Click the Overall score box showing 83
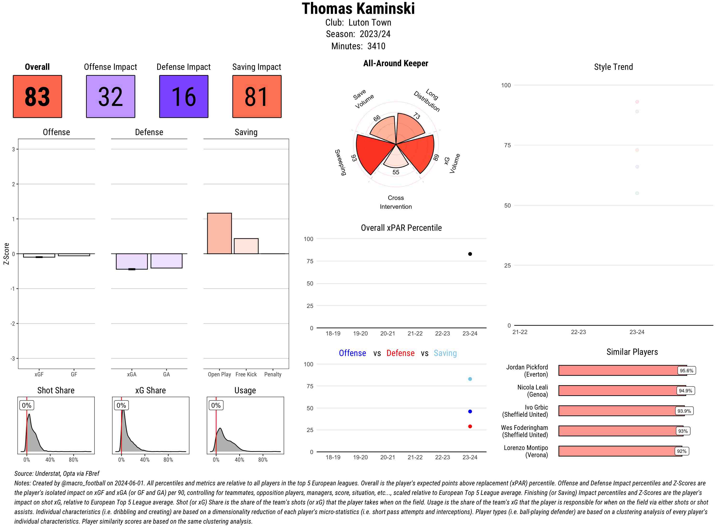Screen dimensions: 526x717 pos(37,97)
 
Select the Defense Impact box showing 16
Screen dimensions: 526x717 pos(184,97)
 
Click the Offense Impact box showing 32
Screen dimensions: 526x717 pos(110,97)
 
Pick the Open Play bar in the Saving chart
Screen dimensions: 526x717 pos(219,233)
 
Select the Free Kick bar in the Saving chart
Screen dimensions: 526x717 pos(246,246)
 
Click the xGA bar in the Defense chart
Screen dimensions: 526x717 pos(132,261)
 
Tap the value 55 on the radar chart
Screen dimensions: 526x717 pos(396,172)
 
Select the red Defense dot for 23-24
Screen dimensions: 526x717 pos(470,426)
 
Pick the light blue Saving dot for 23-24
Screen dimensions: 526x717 pos(470,379)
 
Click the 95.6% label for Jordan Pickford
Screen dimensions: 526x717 pos(686,371)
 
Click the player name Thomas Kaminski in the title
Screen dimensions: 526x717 pos(358,9)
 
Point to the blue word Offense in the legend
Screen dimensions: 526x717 pos(352,353)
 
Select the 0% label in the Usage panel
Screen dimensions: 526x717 pos(216,405)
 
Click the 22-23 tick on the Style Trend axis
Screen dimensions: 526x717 pos(578,332)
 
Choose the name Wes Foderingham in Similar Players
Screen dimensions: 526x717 pos(524,427)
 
